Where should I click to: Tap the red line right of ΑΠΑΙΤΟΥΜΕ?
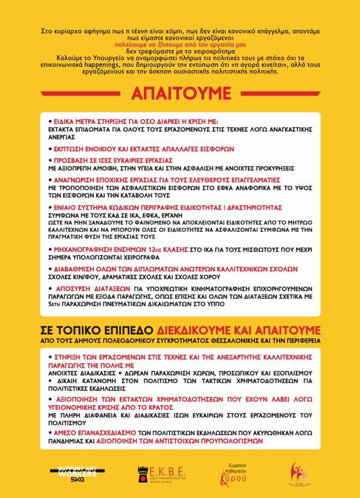[x=278, y=93]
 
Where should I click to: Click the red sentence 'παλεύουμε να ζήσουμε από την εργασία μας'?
[x=179, y=46]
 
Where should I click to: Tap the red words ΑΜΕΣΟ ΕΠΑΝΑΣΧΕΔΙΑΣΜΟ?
[x=92, y=432]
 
